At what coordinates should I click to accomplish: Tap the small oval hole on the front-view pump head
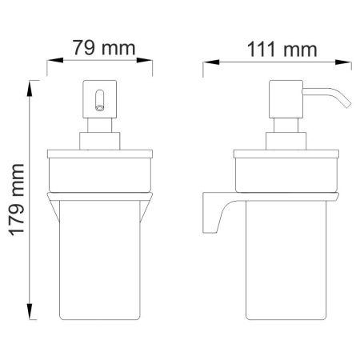100,101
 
